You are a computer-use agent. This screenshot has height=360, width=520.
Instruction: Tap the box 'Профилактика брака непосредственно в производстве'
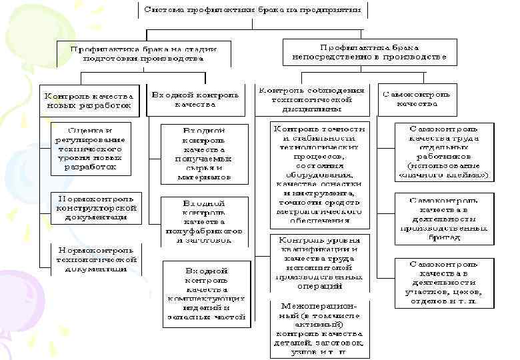pyautogui.click(x=369, y=53)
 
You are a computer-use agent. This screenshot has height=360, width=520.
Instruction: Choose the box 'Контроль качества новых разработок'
pyautogui.click(x=89, y=100)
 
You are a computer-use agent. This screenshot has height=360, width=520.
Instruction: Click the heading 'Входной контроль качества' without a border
pyautogui.click(x=195, y=99)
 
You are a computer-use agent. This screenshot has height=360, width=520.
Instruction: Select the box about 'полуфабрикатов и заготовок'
pyautogui.click(x=204, y=221)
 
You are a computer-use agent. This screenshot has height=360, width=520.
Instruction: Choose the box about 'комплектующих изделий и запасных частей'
pyautogui.click(x=206, y=293)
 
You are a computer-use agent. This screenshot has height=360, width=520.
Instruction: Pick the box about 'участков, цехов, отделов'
pyautogui.click(x=443, y=283)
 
